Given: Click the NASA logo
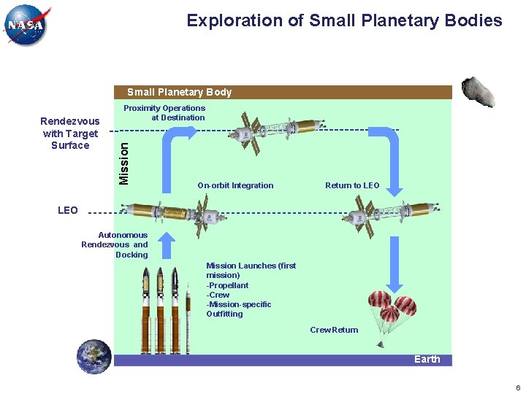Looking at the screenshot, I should click(x=26, y=26).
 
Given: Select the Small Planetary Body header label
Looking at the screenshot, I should click(x=179, y=92).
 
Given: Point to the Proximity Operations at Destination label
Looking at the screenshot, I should click(x=164, y=112).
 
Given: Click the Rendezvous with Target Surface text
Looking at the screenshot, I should click(x=70, y=134).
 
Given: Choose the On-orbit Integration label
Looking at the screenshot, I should click(x=235, y=185).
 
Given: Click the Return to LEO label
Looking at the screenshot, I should click(x=352, y=185).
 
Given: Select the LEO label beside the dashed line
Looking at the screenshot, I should click(x=67, y=210).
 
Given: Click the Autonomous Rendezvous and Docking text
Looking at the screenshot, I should click(x=115, y=244).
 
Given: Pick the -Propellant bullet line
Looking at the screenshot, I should click(x=228, y=285).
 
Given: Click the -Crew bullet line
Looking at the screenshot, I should click(x=218, y=295).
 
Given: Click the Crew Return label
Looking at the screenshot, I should click(x=334, y=330).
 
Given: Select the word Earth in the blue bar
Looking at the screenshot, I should click(x=427, y=359).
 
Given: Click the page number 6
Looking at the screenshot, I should click(x=517, y=387).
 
